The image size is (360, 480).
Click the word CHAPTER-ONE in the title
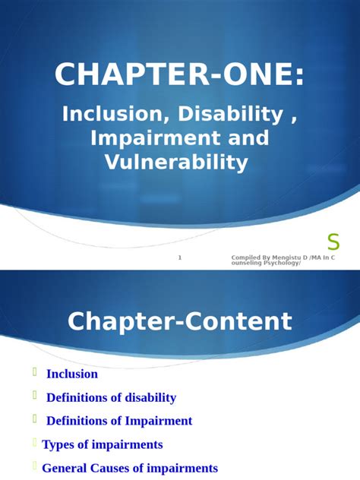(180, 76)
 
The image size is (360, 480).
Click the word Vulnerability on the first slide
(180, 162)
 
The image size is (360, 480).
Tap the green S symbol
(333, 242)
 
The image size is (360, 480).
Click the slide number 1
(180, 258)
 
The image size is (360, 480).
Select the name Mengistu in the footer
(282, 258)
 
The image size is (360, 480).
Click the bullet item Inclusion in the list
(72, 374)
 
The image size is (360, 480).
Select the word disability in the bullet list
(148, 397)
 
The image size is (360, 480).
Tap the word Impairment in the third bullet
(156, 421)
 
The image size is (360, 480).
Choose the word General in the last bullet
(64, 469)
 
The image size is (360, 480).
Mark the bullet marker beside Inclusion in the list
(34, 372)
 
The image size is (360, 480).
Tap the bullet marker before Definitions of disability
(34, 396)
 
